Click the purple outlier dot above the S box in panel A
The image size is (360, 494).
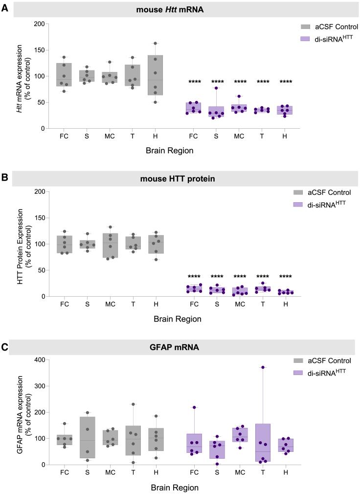point(216,88)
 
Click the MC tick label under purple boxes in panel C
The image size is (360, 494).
point(239,473)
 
